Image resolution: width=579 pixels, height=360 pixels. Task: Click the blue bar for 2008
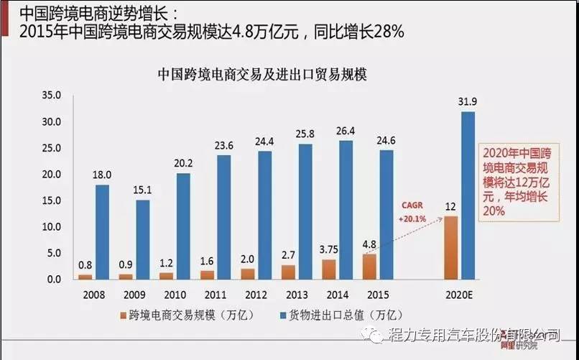pos(103,231)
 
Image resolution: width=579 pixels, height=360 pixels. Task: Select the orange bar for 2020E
pos(451,247)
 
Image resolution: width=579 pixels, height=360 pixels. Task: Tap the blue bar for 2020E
pos(468,195)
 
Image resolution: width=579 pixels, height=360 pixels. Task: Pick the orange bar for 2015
pos(369,266)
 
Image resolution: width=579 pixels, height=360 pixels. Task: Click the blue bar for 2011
pos(224,217)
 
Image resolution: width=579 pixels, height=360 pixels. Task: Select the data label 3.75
pos(328,249)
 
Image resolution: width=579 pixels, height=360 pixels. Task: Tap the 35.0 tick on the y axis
pos(53,96)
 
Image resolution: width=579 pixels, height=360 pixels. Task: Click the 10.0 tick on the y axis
pos(53,226)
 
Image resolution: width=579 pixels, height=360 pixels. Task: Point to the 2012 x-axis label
pos(256,294)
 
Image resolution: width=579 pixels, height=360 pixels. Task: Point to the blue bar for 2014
pos(346,209)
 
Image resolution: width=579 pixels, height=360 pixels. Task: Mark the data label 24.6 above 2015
pos(386,138)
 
